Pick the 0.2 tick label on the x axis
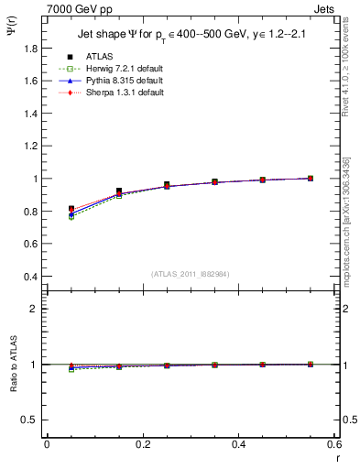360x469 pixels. [142, 444]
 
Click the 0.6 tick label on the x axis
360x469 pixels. [333, 444]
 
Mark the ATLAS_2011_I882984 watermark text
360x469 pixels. [190, 274]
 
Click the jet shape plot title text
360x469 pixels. [190, 35]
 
